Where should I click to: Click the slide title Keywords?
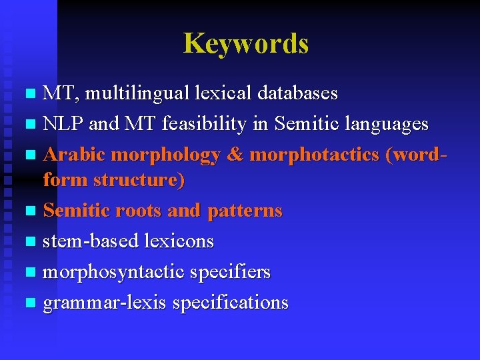pyautogui.click(x=246, y=43)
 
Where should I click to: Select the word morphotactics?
pyautogui.click(x=313, y=155)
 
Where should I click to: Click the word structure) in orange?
pyautogui.click(x=139, y=180)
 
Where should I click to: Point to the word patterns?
pyautogui.click(x=245, y=211)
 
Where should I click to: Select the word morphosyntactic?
pyautogui.click(x=114, y=272)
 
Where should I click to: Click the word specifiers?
pyautogui.click(x=230, y=272)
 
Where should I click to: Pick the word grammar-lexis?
pyautogui.click(x=105, y=303)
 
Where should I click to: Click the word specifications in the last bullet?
pyautogui.click(x=230, y=303)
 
